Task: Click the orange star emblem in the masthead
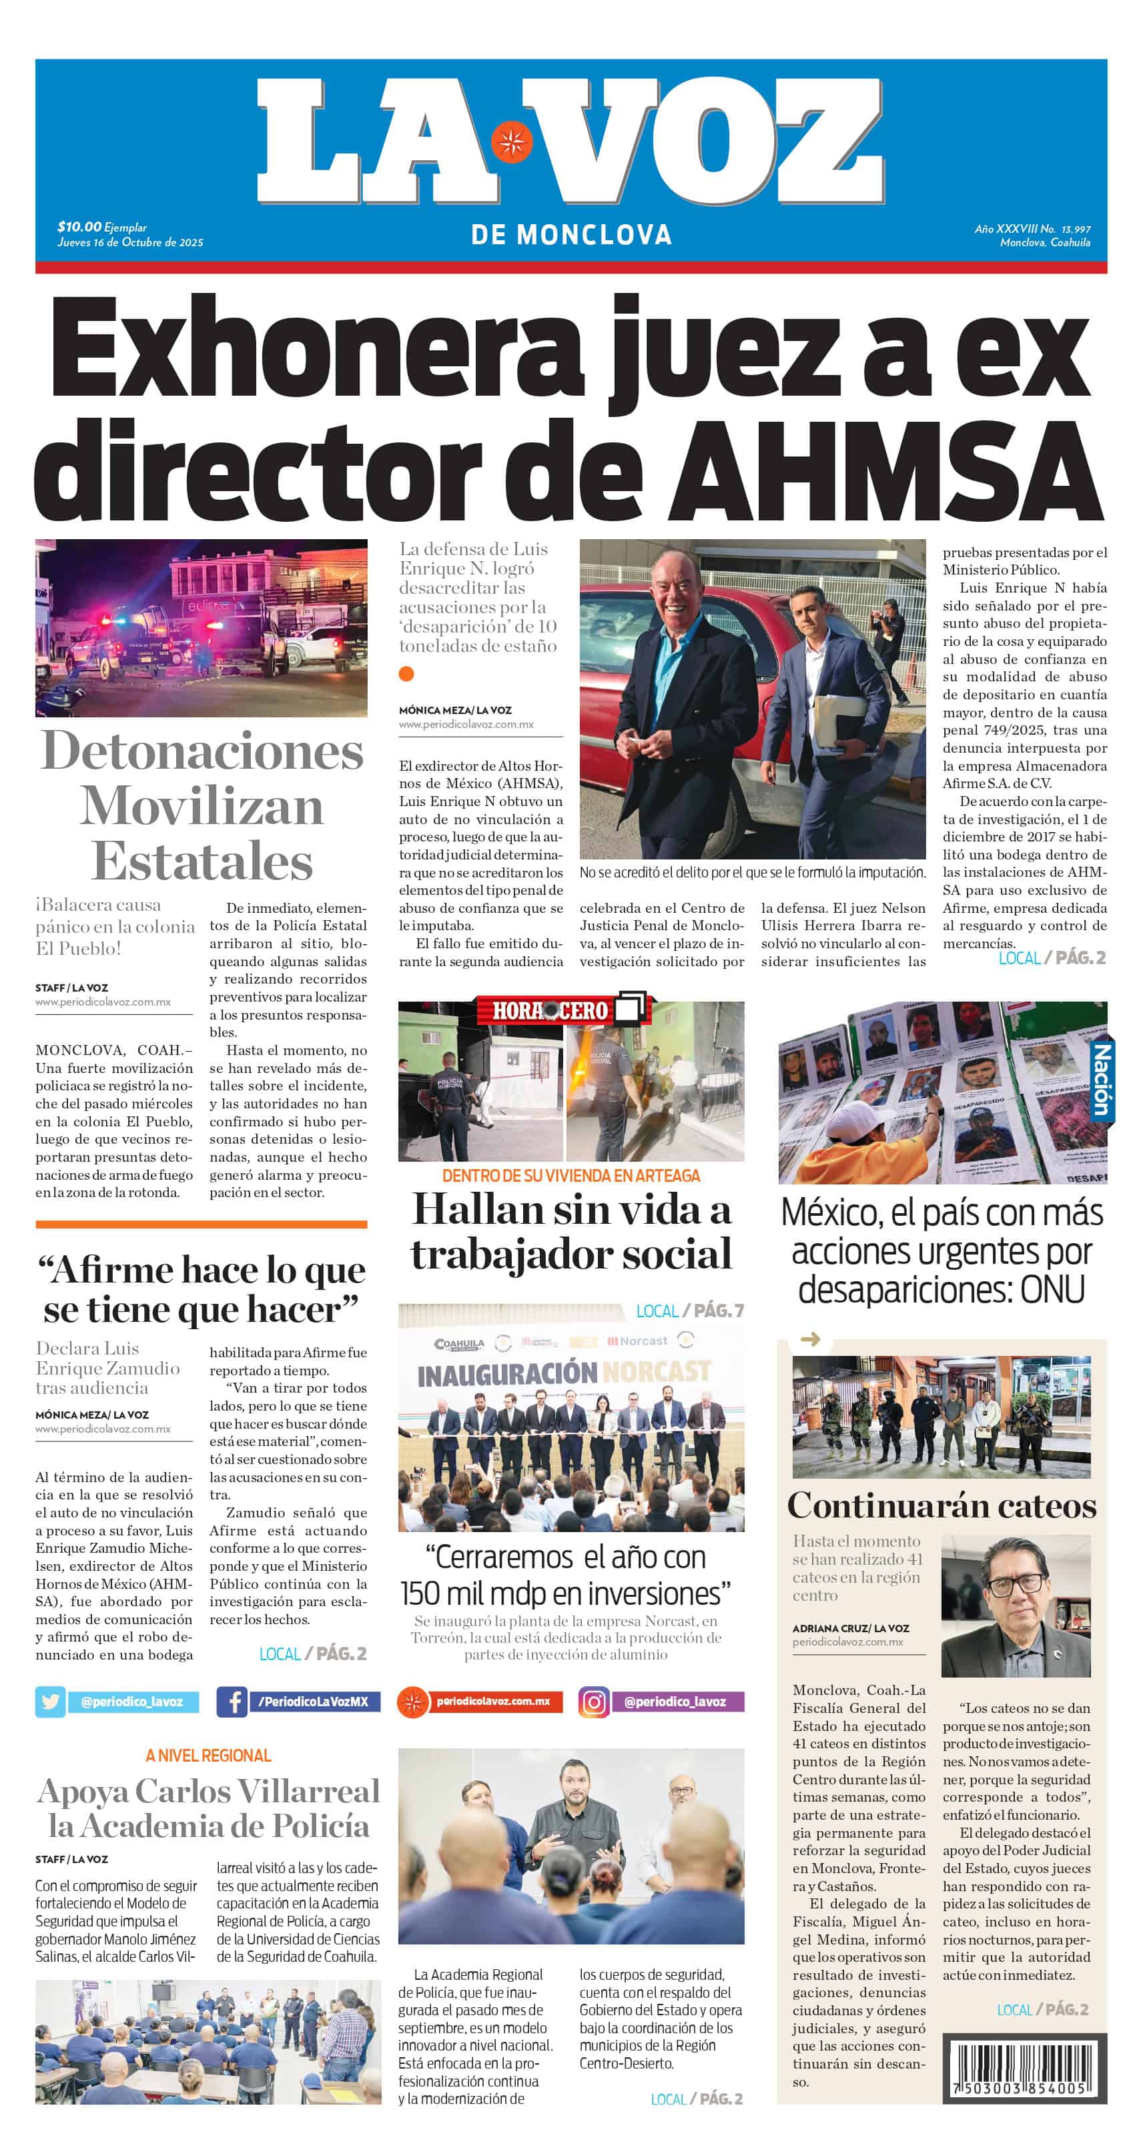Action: tap(511, 141)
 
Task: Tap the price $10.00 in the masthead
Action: tap(79, 226)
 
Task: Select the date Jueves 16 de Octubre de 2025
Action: tap(130, 242)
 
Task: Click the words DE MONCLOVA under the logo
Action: tap(571, 235)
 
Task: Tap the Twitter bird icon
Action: tap(50, 1702)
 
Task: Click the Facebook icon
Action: tap(232, 1702)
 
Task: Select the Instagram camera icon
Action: tap(594, 1702)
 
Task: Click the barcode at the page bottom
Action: tap(1024, 2069)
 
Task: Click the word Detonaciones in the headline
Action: tap(202, 750)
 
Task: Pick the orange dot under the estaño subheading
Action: tap(406, 673)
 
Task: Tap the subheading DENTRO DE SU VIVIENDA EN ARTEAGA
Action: tap(570, 1175)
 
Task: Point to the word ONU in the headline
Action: tap(1053, 1289)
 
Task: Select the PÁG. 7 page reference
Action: tap(718, 1311)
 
